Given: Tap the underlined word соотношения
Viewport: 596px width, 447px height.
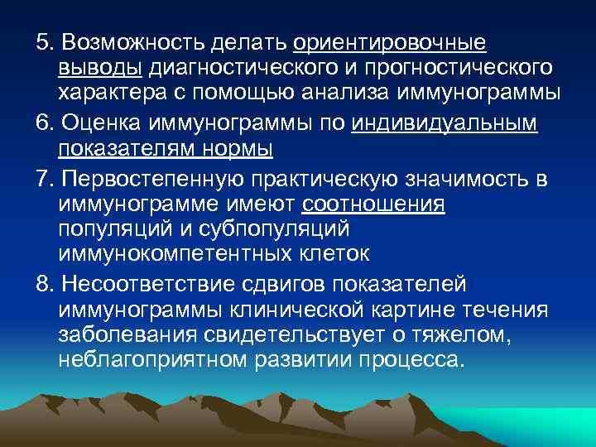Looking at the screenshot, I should [374, 204].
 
